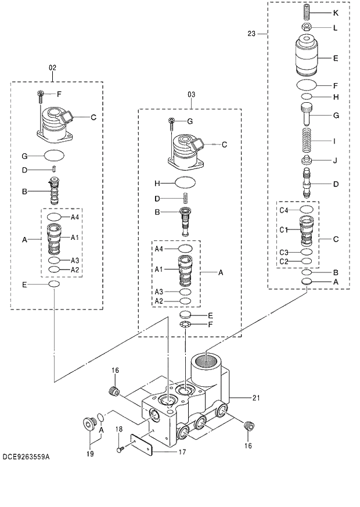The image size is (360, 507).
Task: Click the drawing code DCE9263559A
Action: [26, 457]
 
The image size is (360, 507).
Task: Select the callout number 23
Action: [251, 34]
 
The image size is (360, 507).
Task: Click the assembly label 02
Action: [52, 68]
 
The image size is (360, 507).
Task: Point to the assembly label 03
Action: [191, 94]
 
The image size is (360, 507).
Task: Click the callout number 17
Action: [181, 452]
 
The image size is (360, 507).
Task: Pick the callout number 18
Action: [118, 429]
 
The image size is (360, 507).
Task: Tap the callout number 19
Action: [91, 454]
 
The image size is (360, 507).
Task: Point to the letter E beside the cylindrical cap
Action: [336, 58]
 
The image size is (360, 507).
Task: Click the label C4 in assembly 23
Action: [284, 210]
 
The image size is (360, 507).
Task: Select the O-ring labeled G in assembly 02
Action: [55, 156]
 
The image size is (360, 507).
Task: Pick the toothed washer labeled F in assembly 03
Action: [185, 324]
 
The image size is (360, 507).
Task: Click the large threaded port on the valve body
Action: [206, 362]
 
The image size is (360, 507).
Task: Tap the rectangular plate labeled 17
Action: [141, 445]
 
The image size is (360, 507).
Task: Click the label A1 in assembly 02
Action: [75, 238]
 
